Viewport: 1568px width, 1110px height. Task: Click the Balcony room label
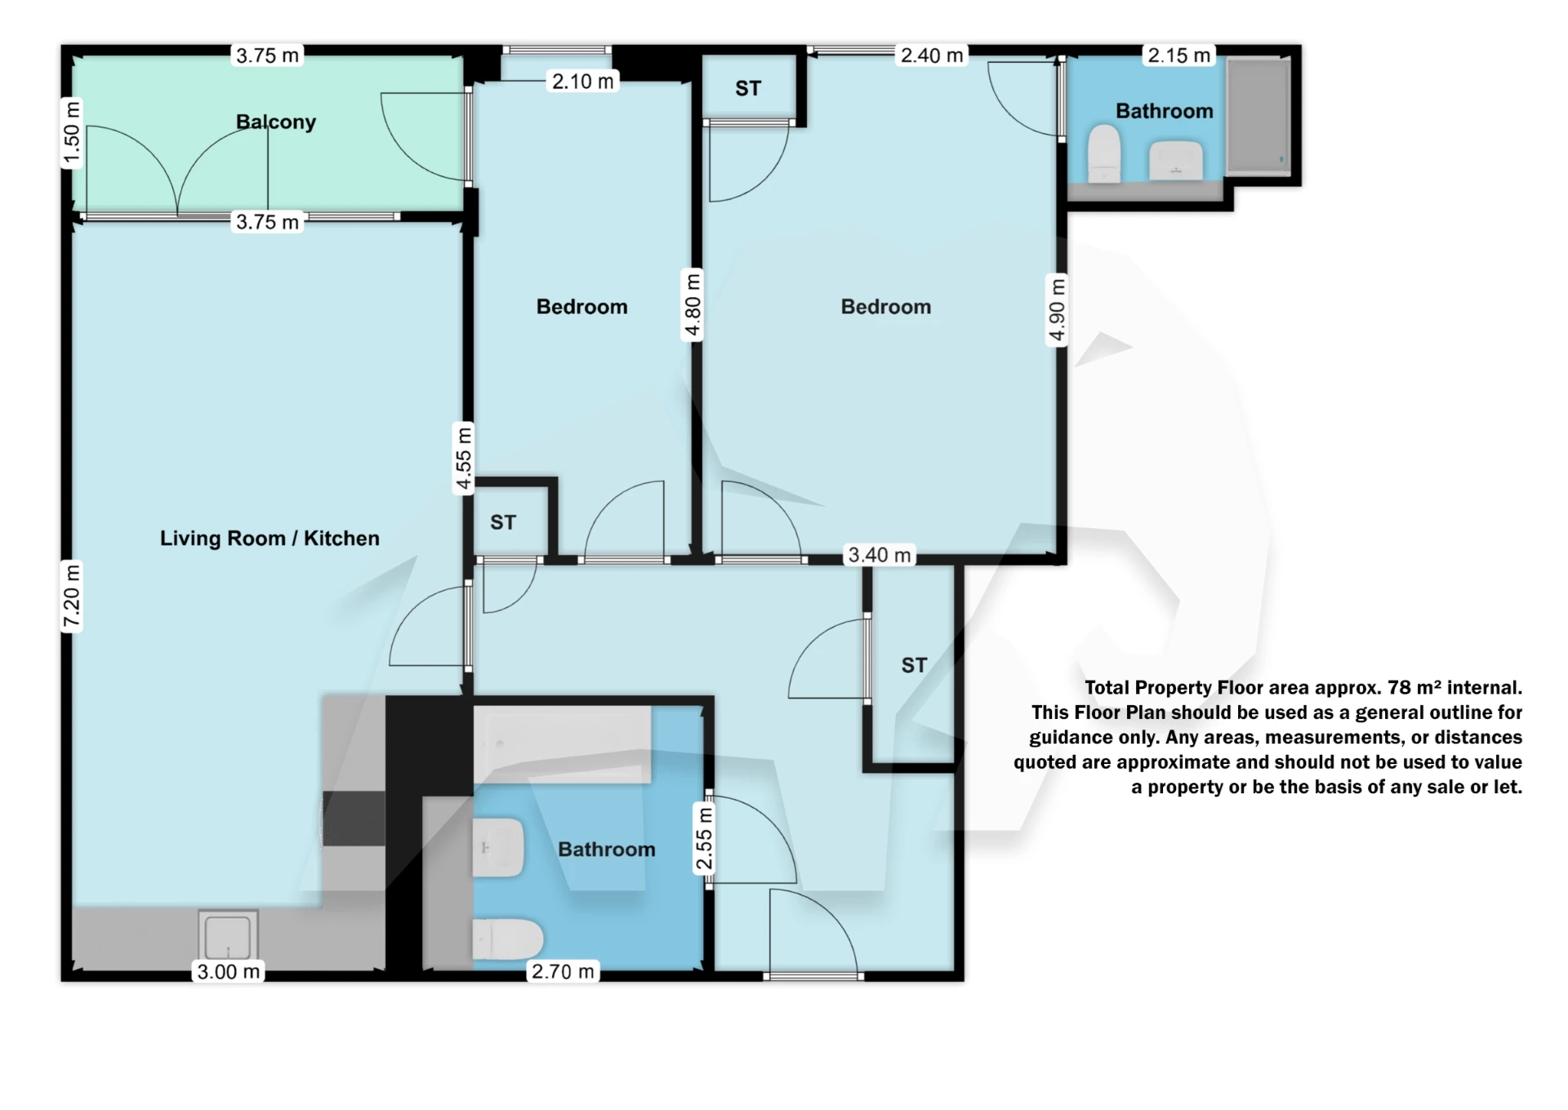(275, 122)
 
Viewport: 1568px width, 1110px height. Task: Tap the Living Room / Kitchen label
(269, 538)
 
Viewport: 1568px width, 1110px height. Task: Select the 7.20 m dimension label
(72, 597)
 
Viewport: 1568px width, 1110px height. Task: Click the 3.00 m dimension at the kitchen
(229, 971)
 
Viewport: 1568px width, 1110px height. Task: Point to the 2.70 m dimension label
(563, 971)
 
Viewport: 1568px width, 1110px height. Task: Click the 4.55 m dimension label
(463, 459)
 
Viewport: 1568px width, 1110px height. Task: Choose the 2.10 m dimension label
(582, 81)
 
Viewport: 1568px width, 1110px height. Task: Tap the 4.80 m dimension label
(693, 304)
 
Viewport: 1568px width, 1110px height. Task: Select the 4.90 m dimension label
(1057, 310)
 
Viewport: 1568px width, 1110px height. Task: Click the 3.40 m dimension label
(880, 555)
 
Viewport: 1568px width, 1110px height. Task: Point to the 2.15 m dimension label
(1178, 55)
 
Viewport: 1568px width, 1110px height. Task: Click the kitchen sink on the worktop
(228, 935)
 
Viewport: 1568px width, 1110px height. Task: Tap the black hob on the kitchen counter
(354, 818)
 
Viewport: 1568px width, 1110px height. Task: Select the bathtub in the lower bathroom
(562, 744)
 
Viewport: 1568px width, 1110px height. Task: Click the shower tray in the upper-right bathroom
(1258, 115)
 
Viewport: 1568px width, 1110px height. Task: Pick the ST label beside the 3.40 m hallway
(914, 665)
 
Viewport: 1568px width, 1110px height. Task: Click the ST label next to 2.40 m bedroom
(748, 88)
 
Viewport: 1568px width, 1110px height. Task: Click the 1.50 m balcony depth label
(72, 133)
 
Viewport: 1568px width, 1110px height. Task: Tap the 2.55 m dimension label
(704, 838)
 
